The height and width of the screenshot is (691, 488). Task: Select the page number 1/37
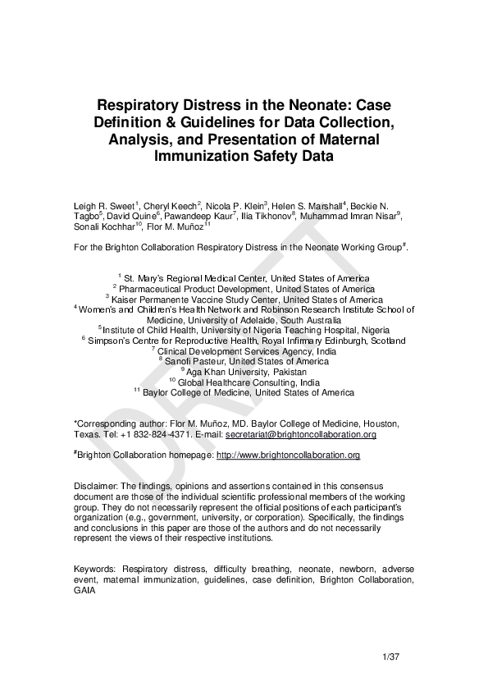pyautogui.click(x=390, y=658)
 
